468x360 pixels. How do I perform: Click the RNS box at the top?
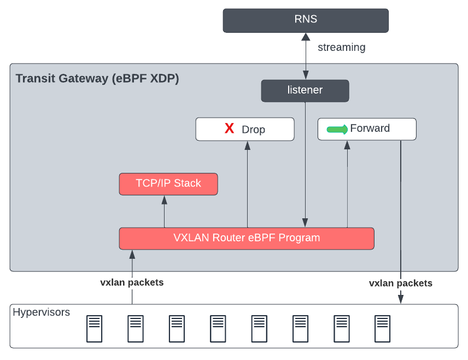(x=305, y=20)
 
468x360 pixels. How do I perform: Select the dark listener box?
(x=305, y=91)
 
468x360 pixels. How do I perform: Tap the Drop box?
(x=245, y=129)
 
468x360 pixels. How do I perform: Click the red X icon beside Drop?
(x=230, y=129)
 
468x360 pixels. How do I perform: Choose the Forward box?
(x=367, y=129)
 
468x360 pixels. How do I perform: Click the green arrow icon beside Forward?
(x=337, y=130)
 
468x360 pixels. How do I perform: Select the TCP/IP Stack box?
(x=168, y=184)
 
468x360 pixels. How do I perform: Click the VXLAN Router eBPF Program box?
(x=247, y=239)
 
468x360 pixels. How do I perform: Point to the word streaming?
(x=342, y=48)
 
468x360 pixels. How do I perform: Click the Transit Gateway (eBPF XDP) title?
(x=97, y=78)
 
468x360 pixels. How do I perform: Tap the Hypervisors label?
(x=42, y=312)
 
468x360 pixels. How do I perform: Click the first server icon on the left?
(x=94, y=329)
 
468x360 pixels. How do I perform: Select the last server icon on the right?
(x=383, y=329)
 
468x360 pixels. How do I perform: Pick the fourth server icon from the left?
(x=218, y=329)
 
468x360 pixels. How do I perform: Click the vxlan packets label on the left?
(x=132, y=283)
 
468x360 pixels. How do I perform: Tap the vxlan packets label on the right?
(x=401, y=283)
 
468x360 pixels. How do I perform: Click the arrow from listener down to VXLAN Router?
(x=305, y=164)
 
